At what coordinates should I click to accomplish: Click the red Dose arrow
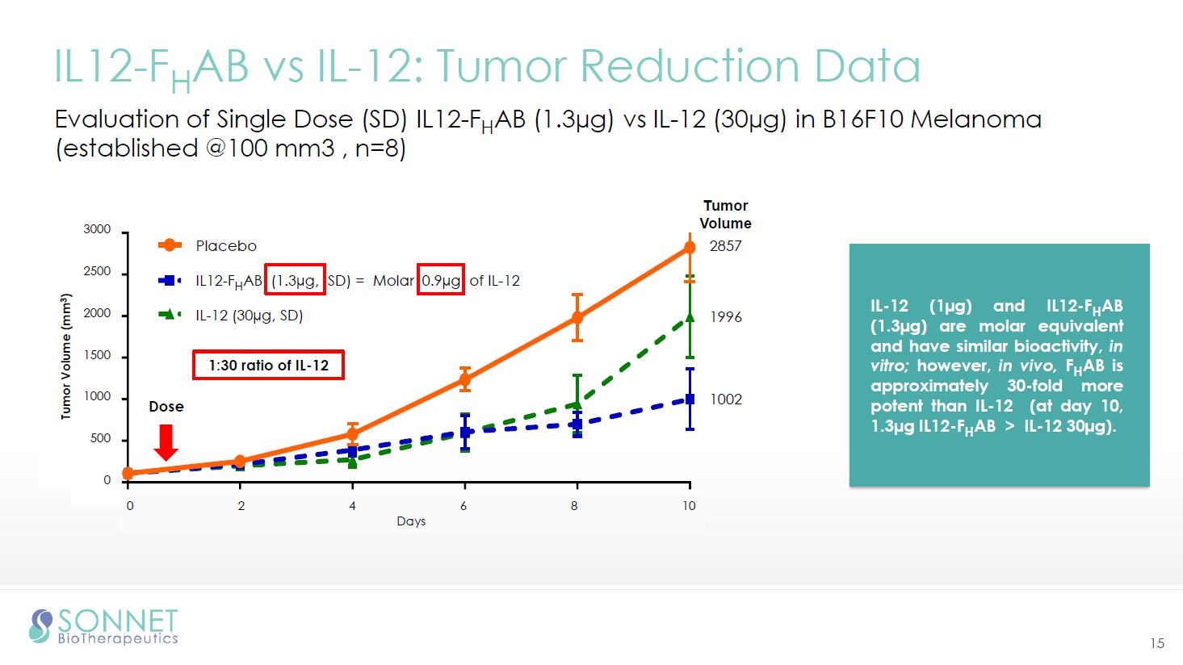pyautogui.click(x=166, y=441)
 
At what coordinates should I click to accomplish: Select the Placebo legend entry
pyautogui.click(x=225, y=246)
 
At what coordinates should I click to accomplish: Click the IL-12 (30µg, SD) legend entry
pyautogui.click(x=249, y=316)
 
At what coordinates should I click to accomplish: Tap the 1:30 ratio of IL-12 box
pyautogui.click(x=268, y=366)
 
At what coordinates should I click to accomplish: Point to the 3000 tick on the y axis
pyautogui.click(x=97, y=230)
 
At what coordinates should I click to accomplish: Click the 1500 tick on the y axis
pyautogui.click(x=97, y=356)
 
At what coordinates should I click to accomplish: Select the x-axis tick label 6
pyautogui.click(x=464, y=506)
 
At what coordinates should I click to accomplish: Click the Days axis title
pyautogui.click(x=411, y=521)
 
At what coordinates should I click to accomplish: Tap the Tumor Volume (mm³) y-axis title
pyautogui.click(x=66, y=356)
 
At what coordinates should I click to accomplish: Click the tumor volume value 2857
pyautogui.click(x=725, y=246)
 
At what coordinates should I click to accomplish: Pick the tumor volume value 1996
pyautogui.click(x=725, y=317)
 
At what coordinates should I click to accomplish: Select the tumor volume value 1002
pyautogui.click(x=725, y=399)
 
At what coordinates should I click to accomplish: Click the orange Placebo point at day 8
pyautogui.click(x=577, y=318)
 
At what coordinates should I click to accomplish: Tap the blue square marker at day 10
pyautogui.click(x=690, y=399)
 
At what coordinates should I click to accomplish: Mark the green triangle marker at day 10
pyautogui.click(x=690, y=318)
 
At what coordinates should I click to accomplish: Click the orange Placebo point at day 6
pyautogui.click(x=464, y=379)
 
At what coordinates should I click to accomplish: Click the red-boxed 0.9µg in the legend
pyautogui.click(x=441, y=281)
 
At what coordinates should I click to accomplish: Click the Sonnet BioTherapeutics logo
pyautogui.click(x=103, y=627)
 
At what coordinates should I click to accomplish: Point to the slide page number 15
pyautogui.click(x=1157, y=643)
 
